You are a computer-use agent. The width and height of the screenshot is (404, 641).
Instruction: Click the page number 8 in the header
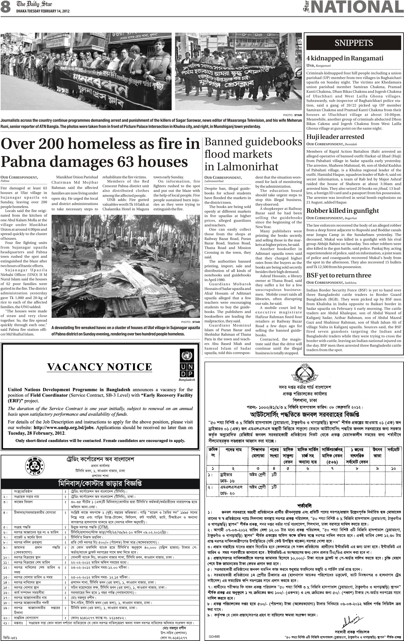click(x=6, y=7)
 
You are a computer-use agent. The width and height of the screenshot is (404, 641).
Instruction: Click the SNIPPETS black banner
click(x=353, y=43)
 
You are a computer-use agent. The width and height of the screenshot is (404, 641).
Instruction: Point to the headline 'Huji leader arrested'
click(x=335, y=137)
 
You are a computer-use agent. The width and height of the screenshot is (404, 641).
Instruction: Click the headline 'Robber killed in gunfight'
click(x=342, y=210)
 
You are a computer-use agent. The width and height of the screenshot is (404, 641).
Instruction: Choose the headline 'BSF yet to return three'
click(x=339, y=275)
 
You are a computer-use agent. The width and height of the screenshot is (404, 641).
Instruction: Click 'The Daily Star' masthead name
click(x=34, y=4)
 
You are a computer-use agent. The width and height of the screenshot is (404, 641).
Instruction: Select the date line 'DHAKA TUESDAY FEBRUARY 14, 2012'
click(x=43, y=11)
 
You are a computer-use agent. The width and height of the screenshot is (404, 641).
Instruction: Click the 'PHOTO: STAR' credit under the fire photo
click(x=190, y=322)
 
